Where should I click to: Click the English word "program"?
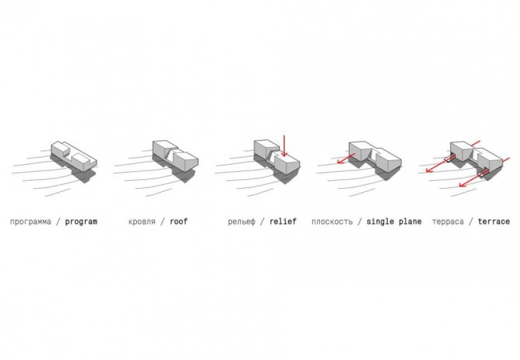tap(81, 222)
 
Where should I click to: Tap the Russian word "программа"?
tap(30, 222)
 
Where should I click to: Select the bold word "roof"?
tap(178, 221)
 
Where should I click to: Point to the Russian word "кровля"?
tap(142, 222)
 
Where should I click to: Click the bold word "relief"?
tap(283, 221)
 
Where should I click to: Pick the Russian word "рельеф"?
tap(242, 222)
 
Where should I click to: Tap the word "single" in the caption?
tap(380, 222)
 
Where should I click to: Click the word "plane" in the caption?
tap(410, 222)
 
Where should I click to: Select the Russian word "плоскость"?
tap(332, 222)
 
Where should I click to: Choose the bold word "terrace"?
tap(494, 222)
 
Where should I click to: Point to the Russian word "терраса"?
tap(448, 222)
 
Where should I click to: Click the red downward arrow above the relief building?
tap(284, 146)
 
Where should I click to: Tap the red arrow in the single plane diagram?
tap(346, 158)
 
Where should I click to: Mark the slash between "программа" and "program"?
tap(58, 222)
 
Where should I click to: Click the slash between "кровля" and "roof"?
tap(162, 222)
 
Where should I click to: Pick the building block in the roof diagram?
tap(175, 156)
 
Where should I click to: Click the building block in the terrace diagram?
tap(477, 158)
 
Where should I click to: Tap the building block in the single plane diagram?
tap(375, 157)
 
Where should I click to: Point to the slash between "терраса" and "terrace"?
tap(470, 222)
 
